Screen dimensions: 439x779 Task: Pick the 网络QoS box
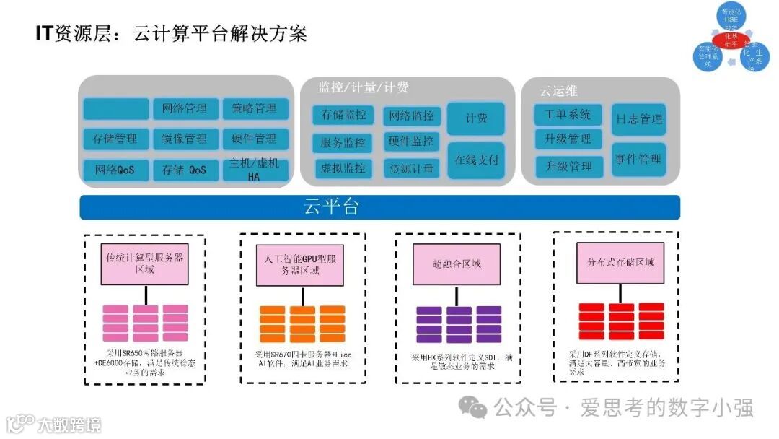(x=116, y=170)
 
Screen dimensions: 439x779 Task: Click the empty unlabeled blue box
(x=116, y=109)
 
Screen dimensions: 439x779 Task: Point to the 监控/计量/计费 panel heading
(x=364, y=87)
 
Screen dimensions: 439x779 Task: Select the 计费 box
(x=476, y=118)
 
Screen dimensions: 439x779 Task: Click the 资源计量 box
(x=412, y=169)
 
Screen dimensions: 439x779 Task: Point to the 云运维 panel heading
(x=559, y=91)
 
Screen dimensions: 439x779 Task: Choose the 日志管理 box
(x=638, y=119)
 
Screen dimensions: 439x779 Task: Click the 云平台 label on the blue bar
(x=331, y=207)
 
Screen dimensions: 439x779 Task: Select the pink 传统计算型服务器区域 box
(x=145, y=264)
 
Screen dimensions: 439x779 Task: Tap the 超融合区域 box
(x=457, y=264)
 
